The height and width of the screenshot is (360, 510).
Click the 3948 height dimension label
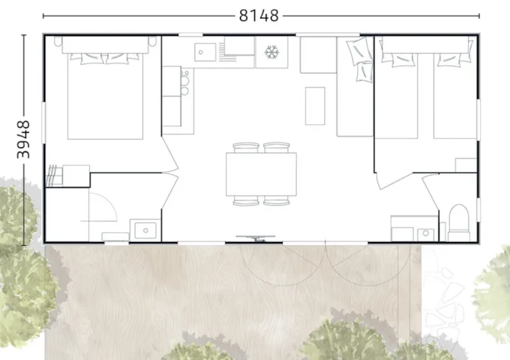[24, 140]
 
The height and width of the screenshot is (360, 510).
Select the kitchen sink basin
[205, 52]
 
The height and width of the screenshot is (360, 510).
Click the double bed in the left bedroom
[105, 96]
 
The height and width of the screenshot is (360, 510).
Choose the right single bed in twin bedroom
[455, 96]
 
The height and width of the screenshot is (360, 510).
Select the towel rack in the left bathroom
[54, 175]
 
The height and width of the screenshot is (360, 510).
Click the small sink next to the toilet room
[425, 234]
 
